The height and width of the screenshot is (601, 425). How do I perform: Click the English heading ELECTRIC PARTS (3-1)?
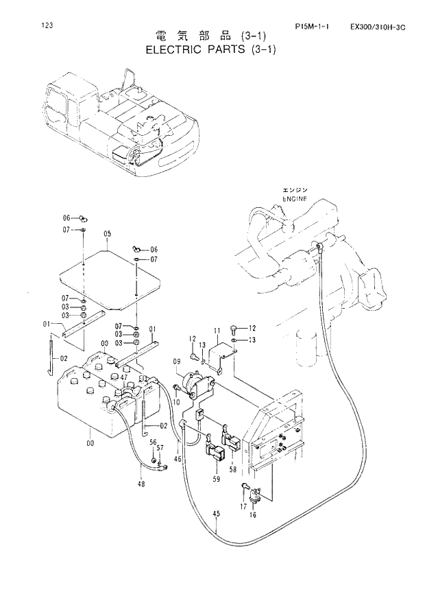click(211, 50)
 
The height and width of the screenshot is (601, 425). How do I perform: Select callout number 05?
click(107, 235)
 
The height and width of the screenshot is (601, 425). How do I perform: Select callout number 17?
click(242, 506)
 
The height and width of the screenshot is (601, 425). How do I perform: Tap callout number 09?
click(176, 360)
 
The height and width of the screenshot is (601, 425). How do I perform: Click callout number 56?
click(153, 443)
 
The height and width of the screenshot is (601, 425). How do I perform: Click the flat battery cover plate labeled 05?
click(110, 274)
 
